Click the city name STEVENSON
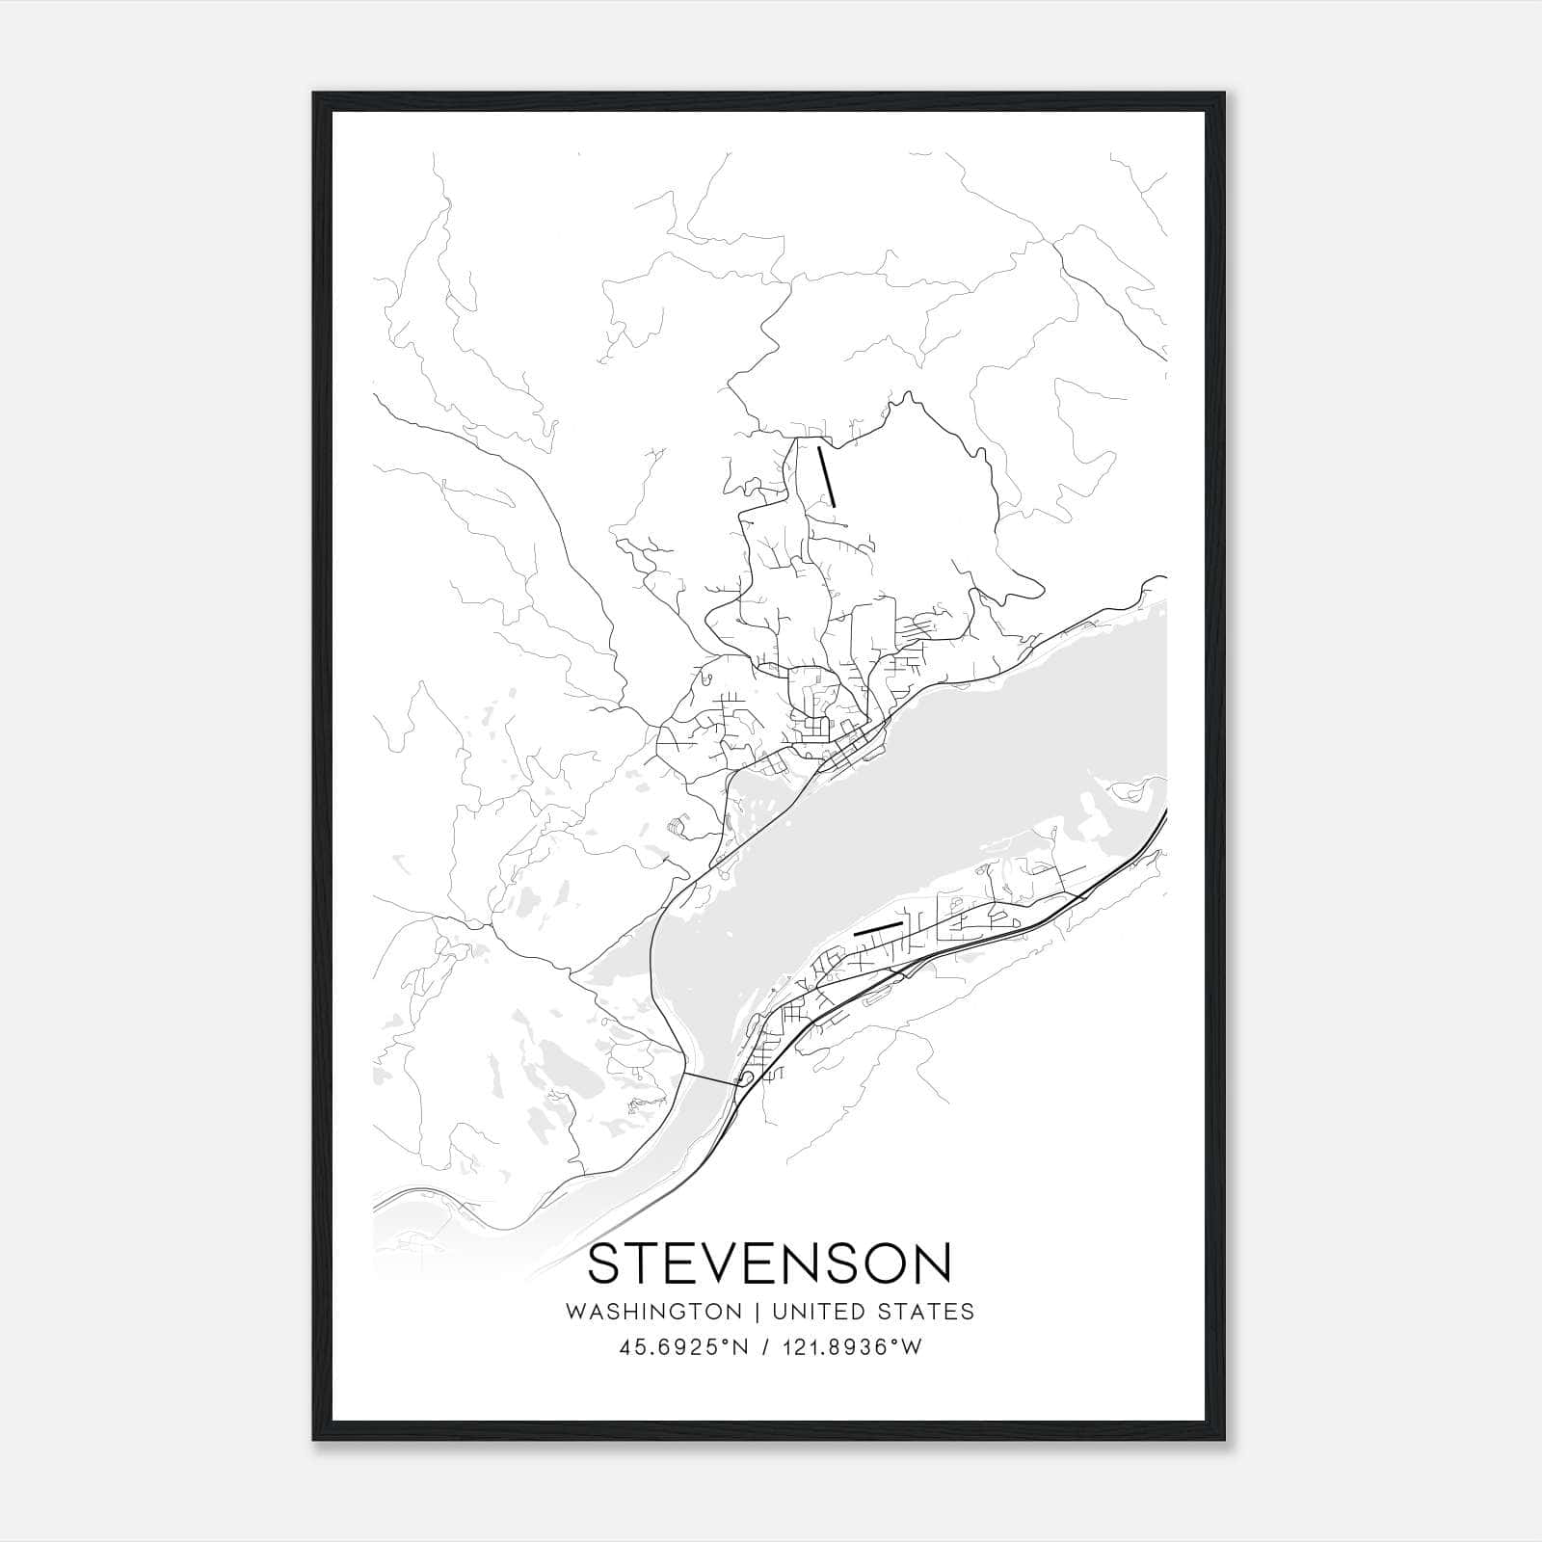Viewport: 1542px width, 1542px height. (x=769, y=1263)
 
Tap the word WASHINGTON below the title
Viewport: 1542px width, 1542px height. (x=653, y=1312)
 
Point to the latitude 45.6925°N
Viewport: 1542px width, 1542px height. (x=684, y=1347)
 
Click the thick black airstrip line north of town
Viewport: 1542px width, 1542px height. (x=826, y=474)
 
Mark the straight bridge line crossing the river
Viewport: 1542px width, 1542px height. (x=713, y=1078)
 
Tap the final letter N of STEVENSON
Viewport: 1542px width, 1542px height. (x=932, y=1263)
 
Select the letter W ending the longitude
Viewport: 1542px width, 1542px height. (x=912, y=1347)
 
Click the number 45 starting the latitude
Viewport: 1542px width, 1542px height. (x=631, y=1347)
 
